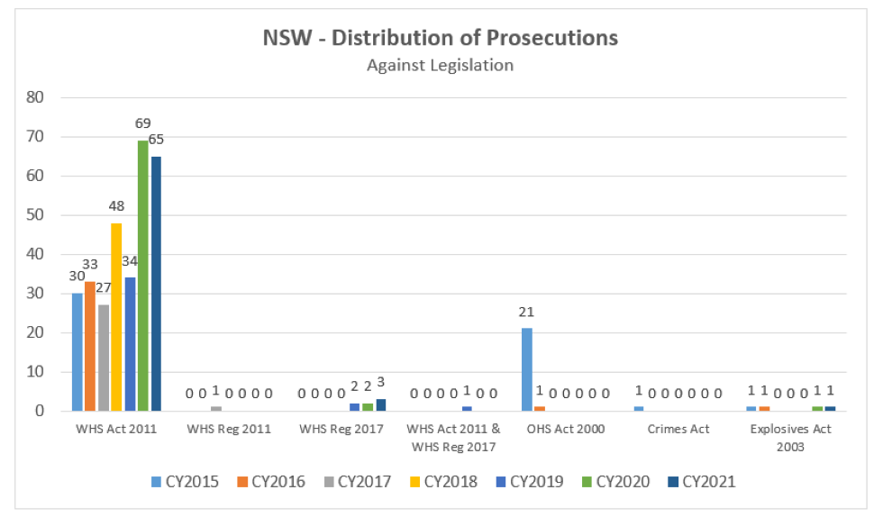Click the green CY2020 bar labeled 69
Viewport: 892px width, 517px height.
(142, 275)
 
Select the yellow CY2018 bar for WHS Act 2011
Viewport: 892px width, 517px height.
(116, 316)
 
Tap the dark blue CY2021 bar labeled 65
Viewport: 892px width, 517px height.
(156, 283)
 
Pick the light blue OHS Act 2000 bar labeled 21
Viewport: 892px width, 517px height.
(526, 369)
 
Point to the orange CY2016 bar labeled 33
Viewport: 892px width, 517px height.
(89, 346)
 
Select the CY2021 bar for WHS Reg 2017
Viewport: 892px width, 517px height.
(380, 405)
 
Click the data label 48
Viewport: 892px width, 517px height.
(116, 206)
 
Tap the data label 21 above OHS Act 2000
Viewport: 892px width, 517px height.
(526, 312)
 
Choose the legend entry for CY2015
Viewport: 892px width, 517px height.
(185, 482)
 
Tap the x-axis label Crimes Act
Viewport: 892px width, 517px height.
(678, 430)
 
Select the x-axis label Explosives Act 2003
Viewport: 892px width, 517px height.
(790, 438)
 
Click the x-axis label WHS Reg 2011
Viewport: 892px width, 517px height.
(230, 430)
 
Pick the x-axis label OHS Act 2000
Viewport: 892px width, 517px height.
(566, 430)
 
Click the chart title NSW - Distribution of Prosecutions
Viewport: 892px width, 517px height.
(440, 38)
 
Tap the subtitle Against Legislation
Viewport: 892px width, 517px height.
(440, 65)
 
